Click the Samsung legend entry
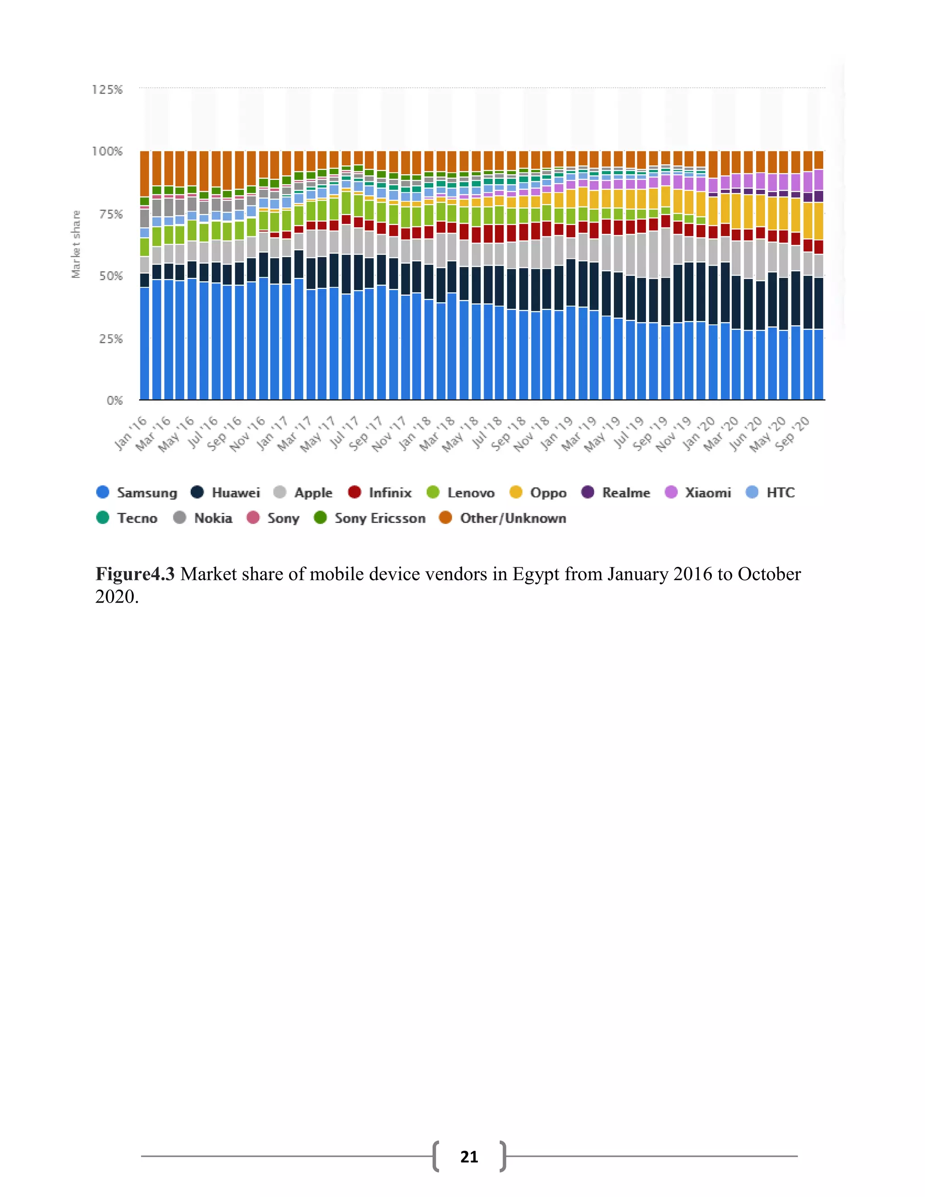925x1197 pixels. [136, 492]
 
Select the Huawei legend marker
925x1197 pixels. [197, 492]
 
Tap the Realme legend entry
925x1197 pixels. [616, 492]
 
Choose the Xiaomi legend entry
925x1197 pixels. [697, 492]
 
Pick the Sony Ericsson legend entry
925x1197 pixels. [369, 518]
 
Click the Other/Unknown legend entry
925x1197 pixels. [503, 518]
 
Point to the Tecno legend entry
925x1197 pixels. [126, 518]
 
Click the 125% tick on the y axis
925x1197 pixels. [107, 89]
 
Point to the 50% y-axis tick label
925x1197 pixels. [111, 276]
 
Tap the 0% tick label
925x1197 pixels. [115, 401]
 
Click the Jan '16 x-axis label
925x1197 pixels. [131, 433]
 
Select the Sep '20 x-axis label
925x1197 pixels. [792, 433]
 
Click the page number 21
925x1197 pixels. [469, 1156]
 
